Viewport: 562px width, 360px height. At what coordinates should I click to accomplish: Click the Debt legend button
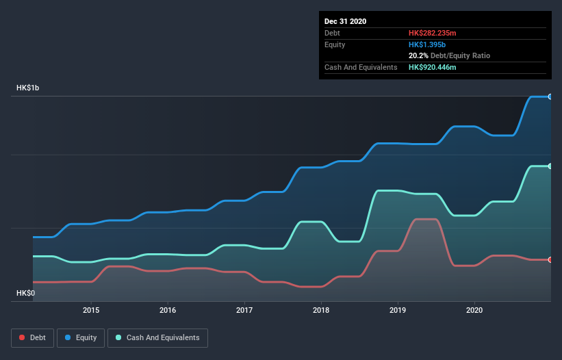31,337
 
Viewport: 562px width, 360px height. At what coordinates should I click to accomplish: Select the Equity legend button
80,337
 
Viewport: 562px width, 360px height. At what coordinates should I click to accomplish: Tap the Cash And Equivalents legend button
157,337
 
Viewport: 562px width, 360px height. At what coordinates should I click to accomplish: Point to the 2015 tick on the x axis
91,310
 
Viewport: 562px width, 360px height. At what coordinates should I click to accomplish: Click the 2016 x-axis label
168,310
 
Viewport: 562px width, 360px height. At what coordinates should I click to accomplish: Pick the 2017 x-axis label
244,310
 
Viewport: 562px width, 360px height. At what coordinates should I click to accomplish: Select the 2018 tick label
321,310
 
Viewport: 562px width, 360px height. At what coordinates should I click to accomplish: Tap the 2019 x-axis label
398,310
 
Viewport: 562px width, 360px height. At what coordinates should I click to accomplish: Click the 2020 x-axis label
474,310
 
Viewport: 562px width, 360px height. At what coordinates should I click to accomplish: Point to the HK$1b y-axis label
29,88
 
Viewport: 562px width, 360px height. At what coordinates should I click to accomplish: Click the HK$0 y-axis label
26,293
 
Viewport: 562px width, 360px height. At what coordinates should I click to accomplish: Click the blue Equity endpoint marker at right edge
550,97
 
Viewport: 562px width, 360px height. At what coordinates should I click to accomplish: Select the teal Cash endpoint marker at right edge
550,166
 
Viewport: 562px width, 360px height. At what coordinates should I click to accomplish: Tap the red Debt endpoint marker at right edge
550,259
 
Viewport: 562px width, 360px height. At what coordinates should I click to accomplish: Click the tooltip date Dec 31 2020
345,21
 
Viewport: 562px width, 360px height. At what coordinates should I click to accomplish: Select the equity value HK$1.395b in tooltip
426,44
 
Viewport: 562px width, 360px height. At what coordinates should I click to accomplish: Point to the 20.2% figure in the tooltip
418,55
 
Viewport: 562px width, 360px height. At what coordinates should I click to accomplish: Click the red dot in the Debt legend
23,337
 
